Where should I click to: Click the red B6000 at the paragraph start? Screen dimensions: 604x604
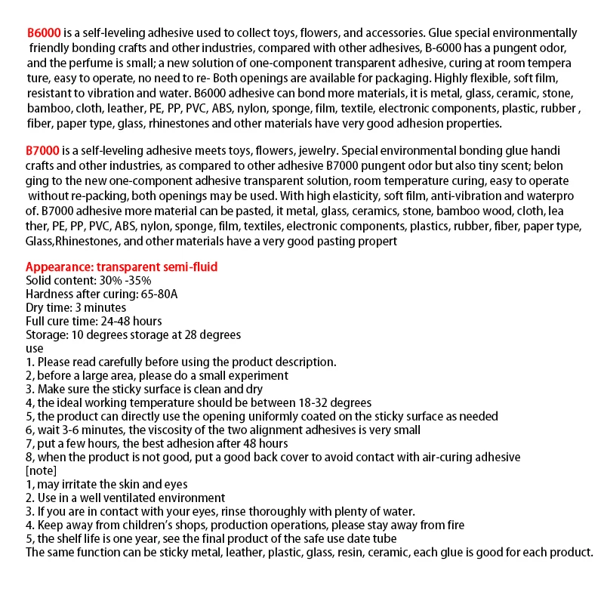(x=45, y=33)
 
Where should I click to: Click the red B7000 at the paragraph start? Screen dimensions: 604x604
(x=45, y=151)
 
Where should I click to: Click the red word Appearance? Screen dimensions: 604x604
(x=59, y=267)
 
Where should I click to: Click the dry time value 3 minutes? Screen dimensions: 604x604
(x=98, y=307)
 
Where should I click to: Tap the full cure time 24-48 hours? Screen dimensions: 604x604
(x=123, y=321)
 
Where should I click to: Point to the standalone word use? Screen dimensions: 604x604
(x=35, y=348)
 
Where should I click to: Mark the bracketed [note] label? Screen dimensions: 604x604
(x=42, y=470)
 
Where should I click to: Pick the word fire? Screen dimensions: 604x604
(x=454, y=525)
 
